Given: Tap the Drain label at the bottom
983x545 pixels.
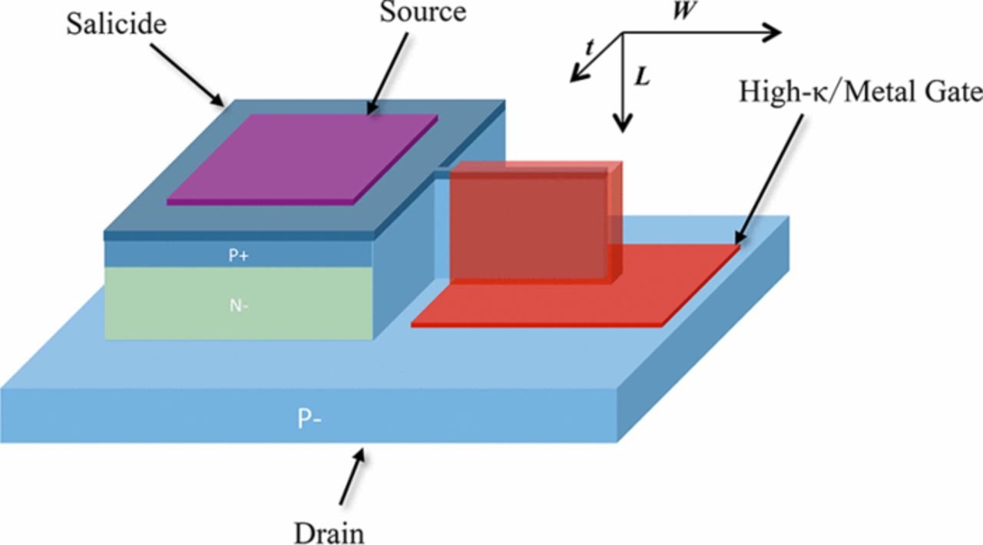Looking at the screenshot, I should click(329, 532).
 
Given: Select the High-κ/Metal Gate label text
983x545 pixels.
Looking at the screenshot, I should click(860, 92).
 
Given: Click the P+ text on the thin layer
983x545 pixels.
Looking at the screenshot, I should click(237, 256).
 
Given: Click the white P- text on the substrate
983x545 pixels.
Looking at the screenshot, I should click(309, 419).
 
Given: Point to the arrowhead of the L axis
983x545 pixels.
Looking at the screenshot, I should click(624, 123).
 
